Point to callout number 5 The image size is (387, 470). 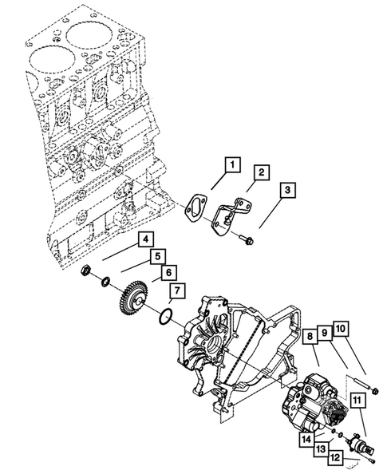(157, 257)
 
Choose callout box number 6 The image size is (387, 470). (168, 273)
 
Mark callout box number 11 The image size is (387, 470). (357, 404)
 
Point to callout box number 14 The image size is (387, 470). (306, 439)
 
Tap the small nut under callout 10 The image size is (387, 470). (375, 391)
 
